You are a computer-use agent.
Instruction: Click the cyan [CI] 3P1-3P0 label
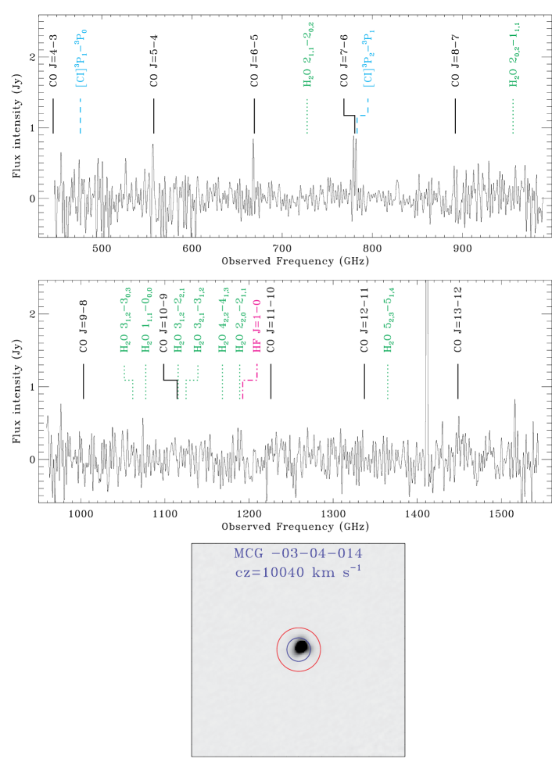pyautogui.click(x=81, y=59)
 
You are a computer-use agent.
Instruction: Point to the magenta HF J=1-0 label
pyautogui.click(x=256, y=326)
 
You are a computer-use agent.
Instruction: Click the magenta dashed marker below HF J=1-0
pyautogui.click(x=249, y=382)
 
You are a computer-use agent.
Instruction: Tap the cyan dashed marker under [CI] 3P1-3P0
pyautogui.click(x=81, y=116)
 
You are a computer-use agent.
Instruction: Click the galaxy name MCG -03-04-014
pyautogui.click(x=298, y=553)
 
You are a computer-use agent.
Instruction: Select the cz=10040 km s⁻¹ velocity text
pyautogui.click(x=298, y=571)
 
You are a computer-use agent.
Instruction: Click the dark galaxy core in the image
pyautogui.click(x=301, y=646)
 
